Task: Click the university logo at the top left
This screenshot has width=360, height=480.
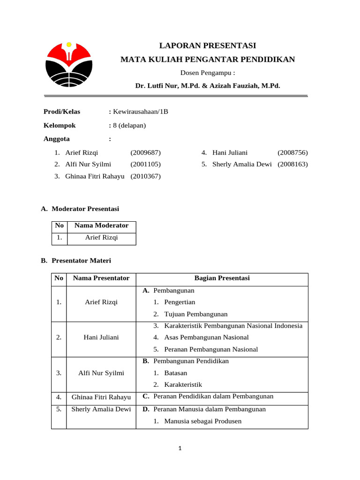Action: tap(68, 65)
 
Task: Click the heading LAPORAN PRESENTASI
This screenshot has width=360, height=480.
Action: tap(208, 45)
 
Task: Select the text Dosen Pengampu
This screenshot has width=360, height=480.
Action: tap(208, 73)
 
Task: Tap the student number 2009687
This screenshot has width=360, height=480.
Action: tap(145, 152)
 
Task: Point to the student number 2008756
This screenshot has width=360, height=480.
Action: tap(292, 152)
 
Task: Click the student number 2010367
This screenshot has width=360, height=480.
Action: tap(145, 176)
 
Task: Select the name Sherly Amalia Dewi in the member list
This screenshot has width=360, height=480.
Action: tap(242, 165)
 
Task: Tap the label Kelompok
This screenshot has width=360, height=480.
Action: tap(60, 125)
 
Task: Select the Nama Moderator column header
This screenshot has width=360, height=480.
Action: tap(101, 225)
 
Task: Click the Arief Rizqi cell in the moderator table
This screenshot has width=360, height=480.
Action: tap(101, 238)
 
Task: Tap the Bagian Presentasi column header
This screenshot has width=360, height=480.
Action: tap(222, 278)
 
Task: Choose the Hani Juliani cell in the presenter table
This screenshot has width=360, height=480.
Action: tap(101, 337)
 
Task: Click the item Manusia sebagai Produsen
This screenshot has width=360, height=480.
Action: tap(202, 421)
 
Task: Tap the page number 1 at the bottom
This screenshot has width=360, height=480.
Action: tap(180, 449)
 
